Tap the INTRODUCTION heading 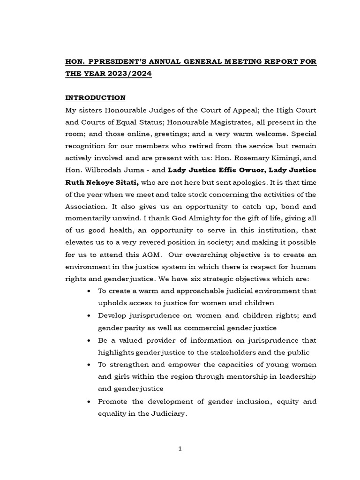[95, 97]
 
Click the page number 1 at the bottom [180, 449]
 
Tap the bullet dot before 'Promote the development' [89, 402]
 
